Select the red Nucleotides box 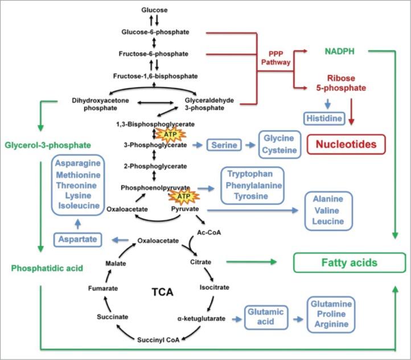346,144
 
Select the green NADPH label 340,51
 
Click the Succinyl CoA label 158,340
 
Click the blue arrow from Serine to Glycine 249,145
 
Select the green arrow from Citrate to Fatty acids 250,262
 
